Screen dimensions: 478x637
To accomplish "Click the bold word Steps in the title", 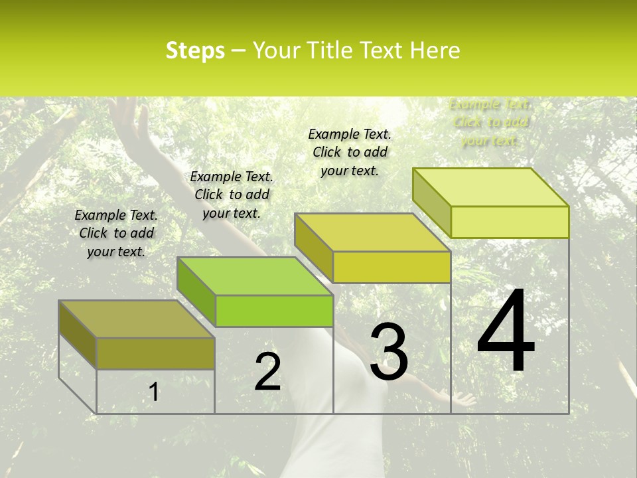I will [x=194, y=50].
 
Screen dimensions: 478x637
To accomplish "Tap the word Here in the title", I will [x=435, y=50].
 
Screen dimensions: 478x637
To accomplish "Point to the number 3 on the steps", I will [x=389, y=352].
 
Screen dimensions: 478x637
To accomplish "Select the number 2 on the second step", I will [x=267, y=372].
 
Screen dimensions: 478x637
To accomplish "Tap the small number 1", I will [x=153, y=392].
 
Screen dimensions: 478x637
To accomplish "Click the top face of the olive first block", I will [x=136, y=319].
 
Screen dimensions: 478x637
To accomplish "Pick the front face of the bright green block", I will [x=274, y=311].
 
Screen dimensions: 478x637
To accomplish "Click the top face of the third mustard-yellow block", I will [x=372, y=233].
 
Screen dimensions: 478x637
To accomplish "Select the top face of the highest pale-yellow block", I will [x=490, y=188].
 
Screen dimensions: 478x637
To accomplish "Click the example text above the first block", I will [x=116, y=233].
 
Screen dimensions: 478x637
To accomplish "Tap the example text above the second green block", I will [x=232, y=195].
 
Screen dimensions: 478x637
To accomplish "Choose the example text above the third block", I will [x=350, y=152].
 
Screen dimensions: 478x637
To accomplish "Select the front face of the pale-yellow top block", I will [x=510, y=222].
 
